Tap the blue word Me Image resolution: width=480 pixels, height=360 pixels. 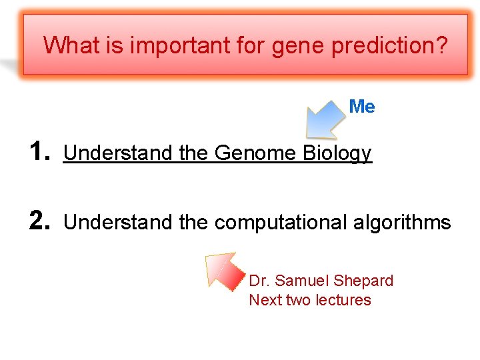(x=362, y=107)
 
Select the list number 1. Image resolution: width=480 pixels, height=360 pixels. (x=41, y=152)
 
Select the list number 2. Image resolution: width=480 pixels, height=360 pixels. (x=41, y=221)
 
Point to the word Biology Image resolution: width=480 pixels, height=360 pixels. (x=337, y=154)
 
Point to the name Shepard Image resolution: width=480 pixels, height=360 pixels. (x=363, y=281)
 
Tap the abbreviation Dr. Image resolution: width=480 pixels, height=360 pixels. (x=259, y=281)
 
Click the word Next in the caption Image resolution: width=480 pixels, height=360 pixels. (x=265, y=300)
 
